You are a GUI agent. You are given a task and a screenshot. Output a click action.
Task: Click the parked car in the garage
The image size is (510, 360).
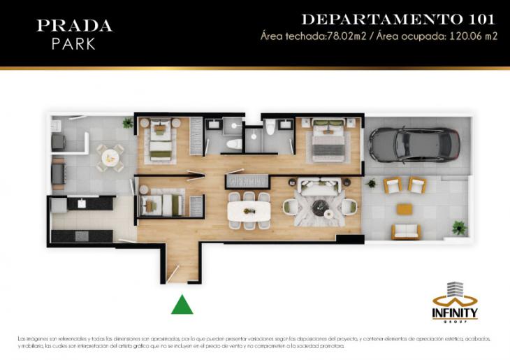coord(414,144)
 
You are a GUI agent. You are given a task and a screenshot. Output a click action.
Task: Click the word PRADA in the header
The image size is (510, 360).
coord(74,26)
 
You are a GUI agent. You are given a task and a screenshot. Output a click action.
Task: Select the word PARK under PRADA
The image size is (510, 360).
coord(73,43)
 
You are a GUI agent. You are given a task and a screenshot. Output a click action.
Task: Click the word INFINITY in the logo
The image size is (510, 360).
coord(455,312)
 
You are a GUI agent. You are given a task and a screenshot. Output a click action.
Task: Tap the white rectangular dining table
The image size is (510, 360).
coord(249,210)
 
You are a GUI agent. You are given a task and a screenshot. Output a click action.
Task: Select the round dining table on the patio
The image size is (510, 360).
coord(110,157)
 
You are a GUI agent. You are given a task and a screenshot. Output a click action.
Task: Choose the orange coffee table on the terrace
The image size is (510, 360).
coord(405,209)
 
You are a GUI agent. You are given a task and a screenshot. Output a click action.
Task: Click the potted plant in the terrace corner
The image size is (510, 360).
coord(458,227)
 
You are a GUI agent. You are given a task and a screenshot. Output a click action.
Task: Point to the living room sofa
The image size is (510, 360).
coord(318,187)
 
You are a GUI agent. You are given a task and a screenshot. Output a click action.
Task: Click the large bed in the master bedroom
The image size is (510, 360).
coord(326,140)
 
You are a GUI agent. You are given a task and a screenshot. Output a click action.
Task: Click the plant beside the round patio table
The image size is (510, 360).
coord(127,123)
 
